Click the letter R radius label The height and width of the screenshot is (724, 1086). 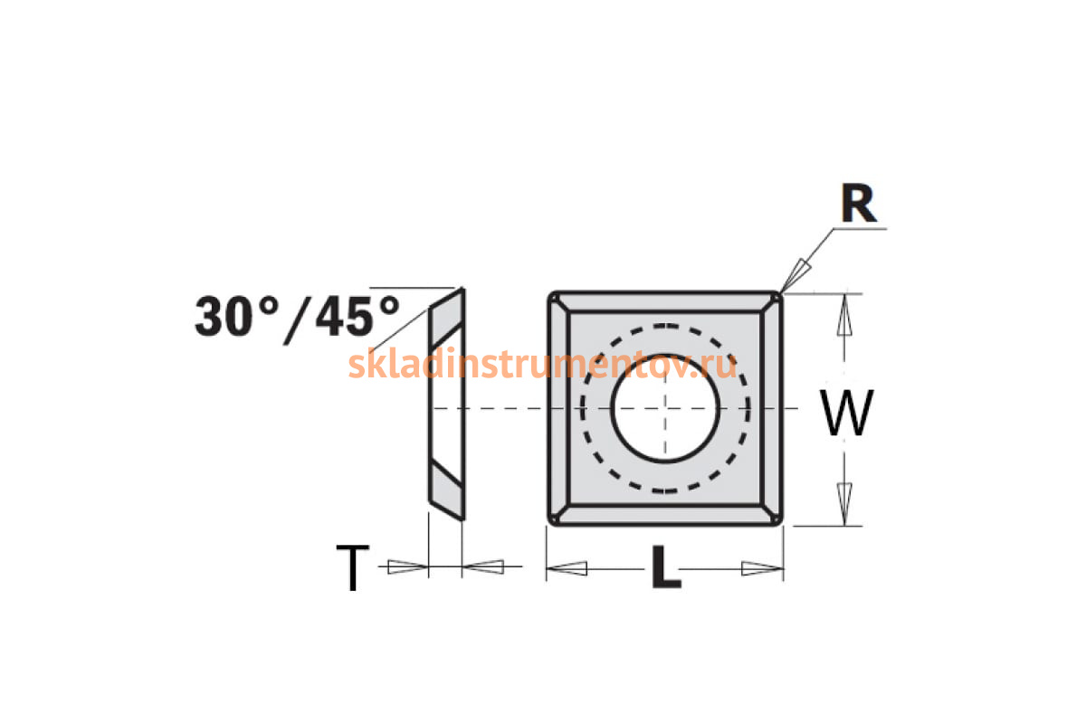[x=859, y=204]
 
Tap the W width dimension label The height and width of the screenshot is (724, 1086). [x=846, y=412]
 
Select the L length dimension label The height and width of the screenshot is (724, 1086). [x=667, y=567]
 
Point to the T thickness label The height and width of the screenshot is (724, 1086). [x=353, y=567]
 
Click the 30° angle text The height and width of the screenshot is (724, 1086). [x=237, y=316]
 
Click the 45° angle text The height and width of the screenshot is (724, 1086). [x=357, y=316]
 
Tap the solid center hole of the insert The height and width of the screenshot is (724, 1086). [x=664, y=408]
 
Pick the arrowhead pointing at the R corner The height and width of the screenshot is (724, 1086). [x=795, y=275]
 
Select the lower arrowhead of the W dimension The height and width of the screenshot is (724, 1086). [x=844, y=503]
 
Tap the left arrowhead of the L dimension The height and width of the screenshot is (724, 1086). [x=567, y=568]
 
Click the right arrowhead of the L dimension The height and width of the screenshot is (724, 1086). [x=762, y=568]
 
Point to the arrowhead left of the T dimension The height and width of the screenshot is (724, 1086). [x=408, y=567]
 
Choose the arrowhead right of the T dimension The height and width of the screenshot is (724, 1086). [x=483, y=567]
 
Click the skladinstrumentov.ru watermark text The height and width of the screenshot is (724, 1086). [x=542, y=365]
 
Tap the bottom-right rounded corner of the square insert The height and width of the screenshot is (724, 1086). [x=776, y=519]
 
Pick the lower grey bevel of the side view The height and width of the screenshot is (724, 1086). [x=446, y=490]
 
